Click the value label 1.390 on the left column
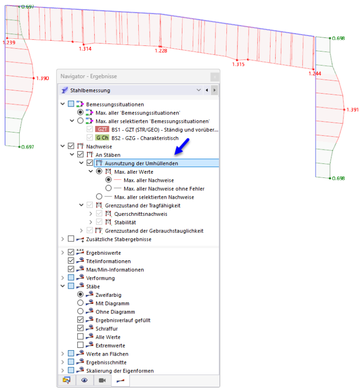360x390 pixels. [x=43, y=79]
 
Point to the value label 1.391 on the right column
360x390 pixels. [x=352, y=110]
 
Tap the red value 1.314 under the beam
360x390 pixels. [x=85, y=49]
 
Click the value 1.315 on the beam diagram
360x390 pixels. [x=238, y=64]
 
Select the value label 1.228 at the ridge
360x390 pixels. [x=161, y=51]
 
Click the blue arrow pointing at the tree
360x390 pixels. [x=182, y=147]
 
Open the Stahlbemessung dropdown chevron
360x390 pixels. [x=198, y=90]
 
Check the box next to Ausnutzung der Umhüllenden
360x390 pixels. [x=90, y=163]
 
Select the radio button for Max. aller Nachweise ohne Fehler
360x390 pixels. [x=108, y=188]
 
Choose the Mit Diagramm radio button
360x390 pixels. [x=80, y=303]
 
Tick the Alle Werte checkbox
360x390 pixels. [x=80, y=337]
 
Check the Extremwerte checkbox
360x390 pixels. [x=80, y=345]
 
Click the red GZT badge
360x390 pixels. [x=102, y=129]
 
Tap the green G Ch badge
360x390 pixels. [x=102, y=138]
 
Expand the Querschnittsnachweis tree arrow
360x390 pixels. [x=90, y=213]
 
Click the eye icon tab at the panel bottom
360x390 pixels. [x=84, y=380]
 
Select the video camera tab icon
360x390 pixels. [x=102, y=381]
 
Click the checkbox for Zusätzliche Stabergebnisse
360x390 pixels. [x=71, y=239]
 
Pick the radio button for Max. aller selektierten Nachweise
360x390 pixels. [x=99, y=197]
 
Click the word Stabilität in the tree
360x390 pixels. [x=125, y=222]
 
